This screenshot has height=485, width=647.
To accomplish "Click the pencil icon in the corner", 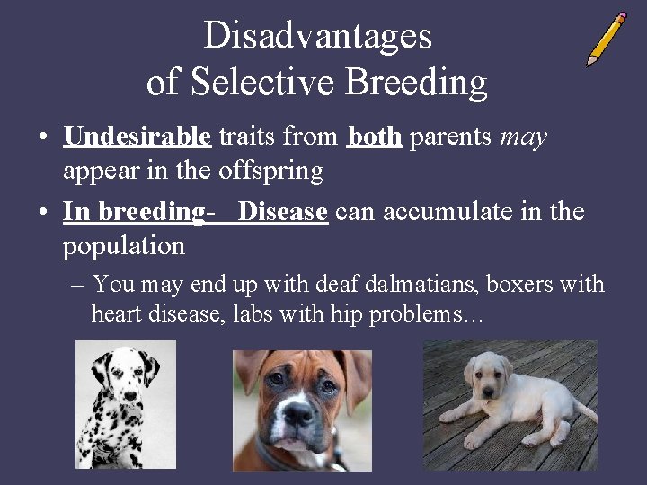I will tap(607, 39).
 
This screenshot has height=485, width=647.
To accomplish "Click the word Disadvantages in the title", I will tap(317, 36).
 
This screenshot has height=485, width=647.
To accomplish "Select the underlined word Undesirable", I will tap(137, 137).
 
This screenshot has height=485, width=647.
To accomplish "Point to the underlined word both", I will tap(374, 137).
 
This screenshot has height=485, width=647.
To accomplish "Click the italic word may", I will tap(523, 137).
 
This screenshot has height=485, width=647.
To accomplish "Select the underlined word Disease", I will tap(282, 212).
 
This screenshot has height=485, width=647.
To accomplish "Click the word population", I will tap(123, 245).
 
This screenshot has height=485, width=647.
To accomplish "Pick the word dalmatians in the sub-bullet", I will tap(422, 285).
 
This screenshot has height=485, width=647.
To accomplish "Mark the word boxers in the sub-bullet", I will tap(523, 285).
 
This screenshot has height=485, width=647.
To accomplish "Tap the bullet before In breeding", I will tap(43, 213).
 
